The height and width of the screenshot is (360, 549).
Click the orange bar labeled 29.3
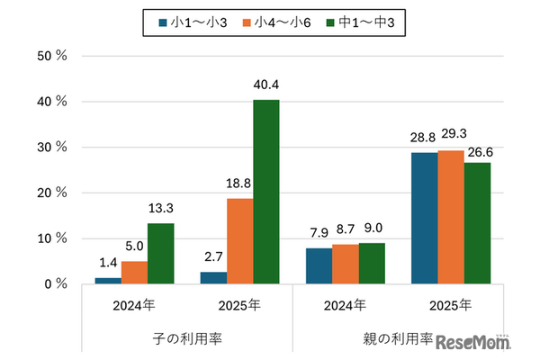(x=451, y=217)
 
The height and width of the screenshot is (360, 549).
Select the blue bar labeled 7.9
(x=319, y=265)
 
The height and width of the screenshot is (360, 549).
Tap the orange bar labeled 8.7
(x=346, y=264)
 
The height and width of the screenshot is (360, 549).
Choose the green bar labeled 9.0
(x=372, y=263)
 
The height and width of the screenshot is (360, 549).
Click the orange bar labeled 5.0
(x=133, y=273)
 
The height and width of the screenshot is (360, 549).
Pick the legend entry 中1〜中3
(x=358, y=23)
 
